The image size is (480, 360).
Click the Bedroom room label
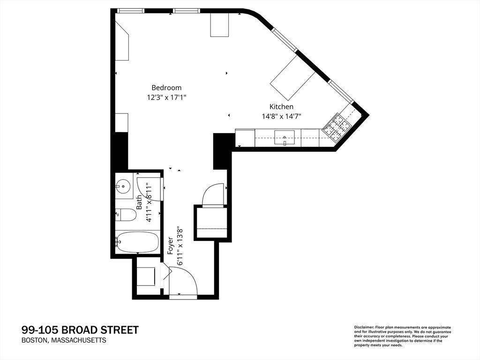pos(166,88)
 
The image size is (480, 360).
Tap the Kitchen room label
pos(281,106)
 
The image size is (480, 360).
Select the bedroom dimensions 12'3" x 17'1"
pos(166,97)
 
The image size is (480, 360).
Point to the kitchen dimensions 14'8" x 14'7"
pos(282,116)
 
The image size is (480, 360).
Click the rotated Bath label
pos(139,202)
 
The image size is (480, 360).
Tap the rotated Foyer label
pos(171,246)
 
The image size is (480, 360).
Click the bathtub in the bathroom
pos(137,242)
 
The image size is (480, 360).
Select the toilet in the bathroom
pos(126,215)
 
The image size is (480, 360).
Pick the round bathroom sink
pos(123,186)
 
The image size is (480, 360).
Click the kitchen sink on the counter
pos(285,138)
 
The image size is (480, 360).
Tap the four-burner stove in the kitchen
pos(337,127)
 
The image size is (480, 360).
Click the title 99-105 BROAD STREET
pos(80,330)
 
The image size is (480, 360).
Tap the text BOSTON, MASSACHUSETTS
pos(64,340)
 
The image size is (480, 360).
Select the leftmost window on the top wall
pos(130,11)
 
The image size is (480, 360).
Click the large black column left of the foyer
pos(121,150)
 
